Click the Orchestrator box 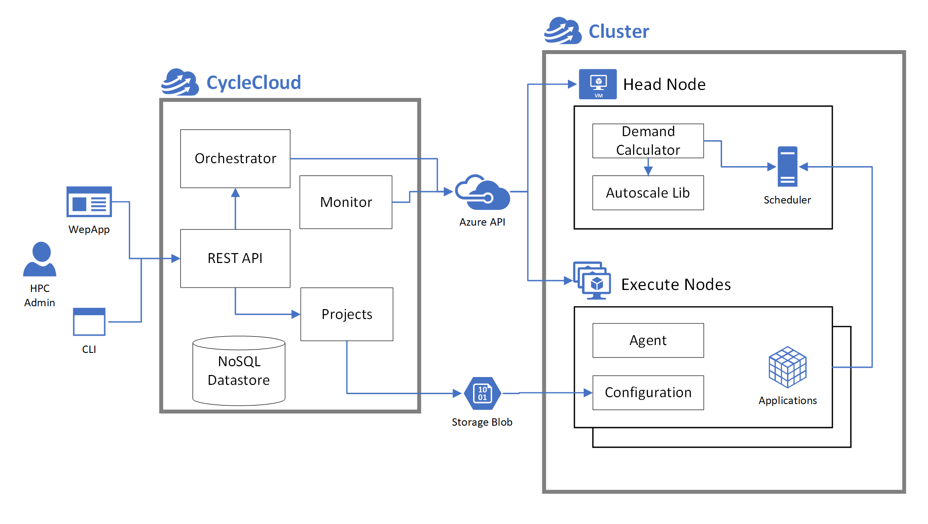click(x=235, y=158)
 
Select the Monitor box click(x=345, y=202)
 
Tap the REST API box click(x=235, y=258)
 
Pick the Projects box click(x=346, y=314)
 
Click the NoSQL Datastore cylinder click(x=239, y=371)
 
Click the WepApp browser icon click(x=89, y=202)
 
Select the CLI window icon click(x=89, y=322)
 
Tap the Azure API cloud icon click(x=482, y=193)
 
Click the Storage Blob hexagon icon click(x=482, y=393)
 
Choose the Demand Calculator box click(x=647, y=141)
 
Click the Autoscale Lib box click(x=647, y=193)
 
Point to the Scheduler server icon click(x=787, y=167)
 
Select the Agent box click(x=647, y=340)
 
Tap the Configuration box click(x=647, y=392)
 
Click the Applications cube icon click(x=787, y=367)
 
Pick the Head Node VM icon click(x=597, y=84)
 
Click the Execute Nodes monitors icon click(x=592, y=280)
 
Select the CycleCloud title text click(x=253, y=83)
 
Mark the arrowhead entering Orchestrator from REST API click(x=235, y=193)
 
